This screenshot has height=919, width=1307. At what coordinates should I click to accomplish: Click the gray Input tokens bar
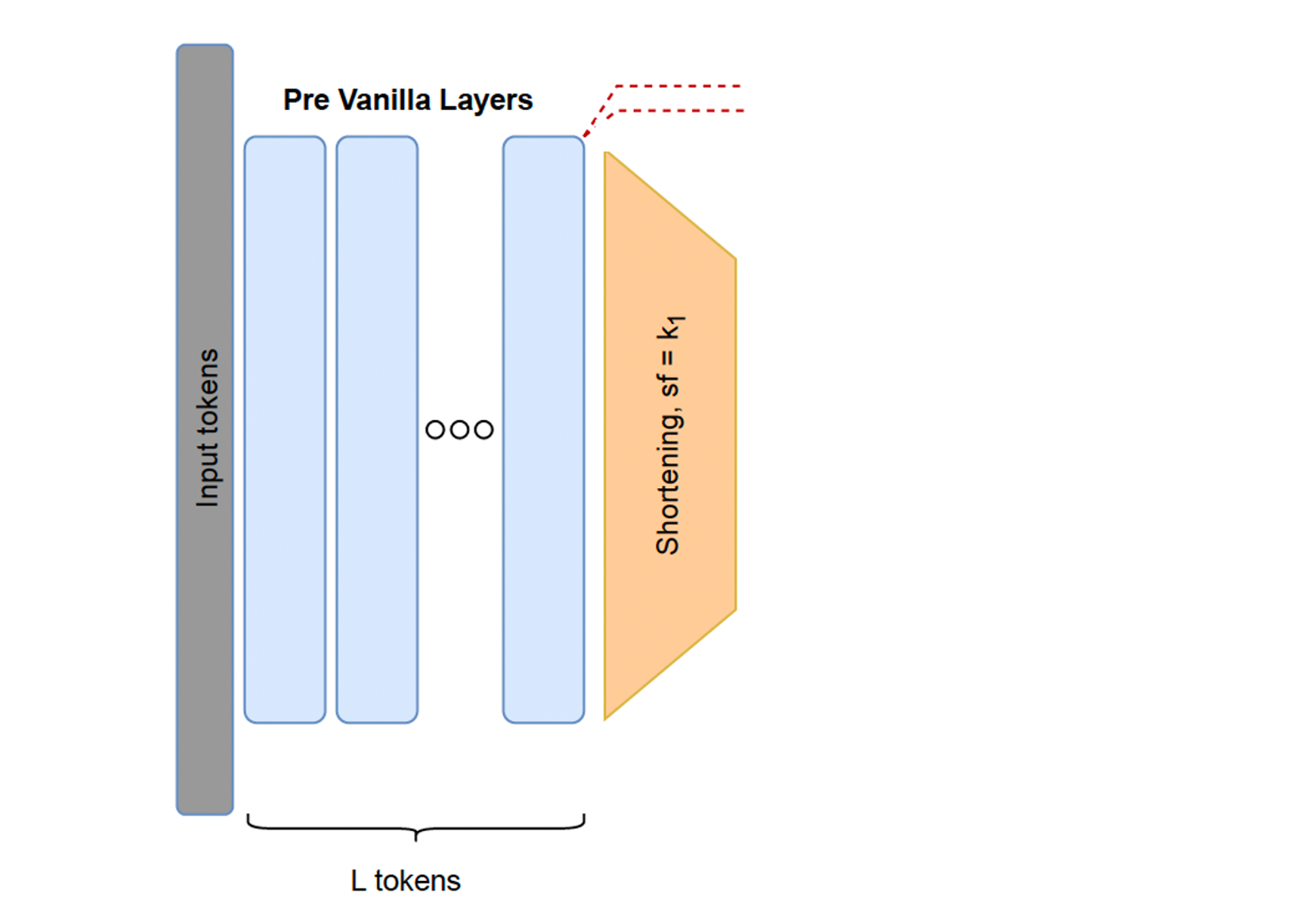[204, 634]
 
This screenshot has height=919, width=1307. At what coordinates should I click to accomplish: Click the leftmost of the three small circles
[435, 430]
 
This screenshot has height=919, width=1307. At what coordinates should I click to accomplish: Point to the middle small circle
[459, 430]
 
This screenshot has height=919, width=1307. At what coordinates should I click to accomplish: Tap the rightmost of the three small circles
[484, 430]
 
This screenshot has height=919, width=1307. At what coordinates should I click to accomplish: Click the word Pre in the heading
[306, 100]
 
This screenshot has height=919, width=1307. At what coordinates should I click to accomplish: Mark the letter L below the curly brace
[358, 881]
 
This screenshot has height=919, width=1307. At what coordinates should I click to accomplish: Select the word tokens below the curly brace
[417, 881]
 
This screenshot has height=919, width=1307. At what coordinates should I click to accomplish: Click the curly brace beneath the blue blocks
[416, 827]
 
